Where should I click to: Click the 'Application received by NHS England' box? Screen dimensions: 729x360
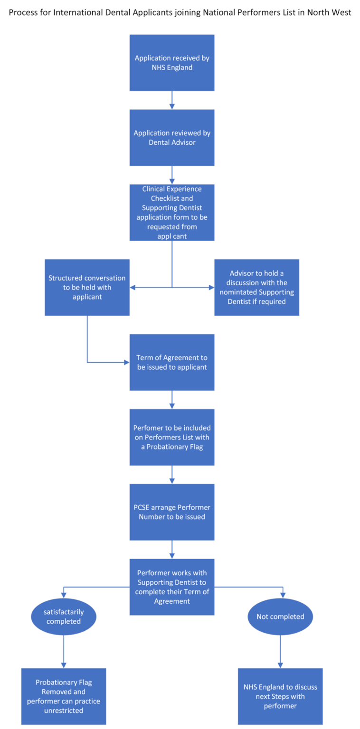tap(172, 63)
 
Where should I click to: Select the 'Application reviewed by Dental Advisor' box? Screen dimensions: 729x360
tap(172, 138)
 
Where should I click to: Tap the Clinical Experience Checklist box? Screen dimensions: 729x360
tap(172, 212)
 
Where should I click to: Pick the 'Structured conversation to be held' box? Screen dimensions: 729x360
tap(87, 287)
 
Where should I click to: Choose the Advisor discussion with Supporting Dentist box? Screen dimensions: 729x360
tap(257, 287)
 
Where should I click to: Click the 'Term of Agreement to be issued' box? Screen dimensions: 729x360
tap(172, 362)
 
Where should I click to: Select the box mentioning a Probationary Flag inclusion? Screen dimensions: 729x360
tap(172, 437)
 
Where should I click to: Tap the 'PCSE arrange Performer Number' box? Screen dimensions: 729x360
tap(172, 512)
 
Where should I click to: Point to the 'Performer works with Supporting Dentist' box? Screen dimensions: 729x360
tap(172, 587)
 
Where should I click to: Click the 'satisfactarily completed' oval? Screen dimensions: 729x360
tap(64, 617)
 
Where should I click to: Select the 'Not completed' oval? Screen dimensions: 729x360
tap(280, 617)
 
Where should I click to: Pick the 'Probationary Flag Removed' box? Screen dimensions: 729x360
tap(64, 696)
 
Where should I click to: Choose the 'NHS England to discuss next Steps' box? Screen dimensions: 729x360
tap(280, 696)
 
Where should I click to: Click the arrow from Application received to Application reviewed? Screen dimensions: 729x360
tap(172, 100)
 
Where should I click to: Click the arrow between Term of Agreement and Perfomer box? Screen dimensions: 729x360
tap(172, 400)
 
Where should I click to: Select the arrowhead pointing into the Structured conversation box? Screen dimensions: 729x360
tap(133, 288)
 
